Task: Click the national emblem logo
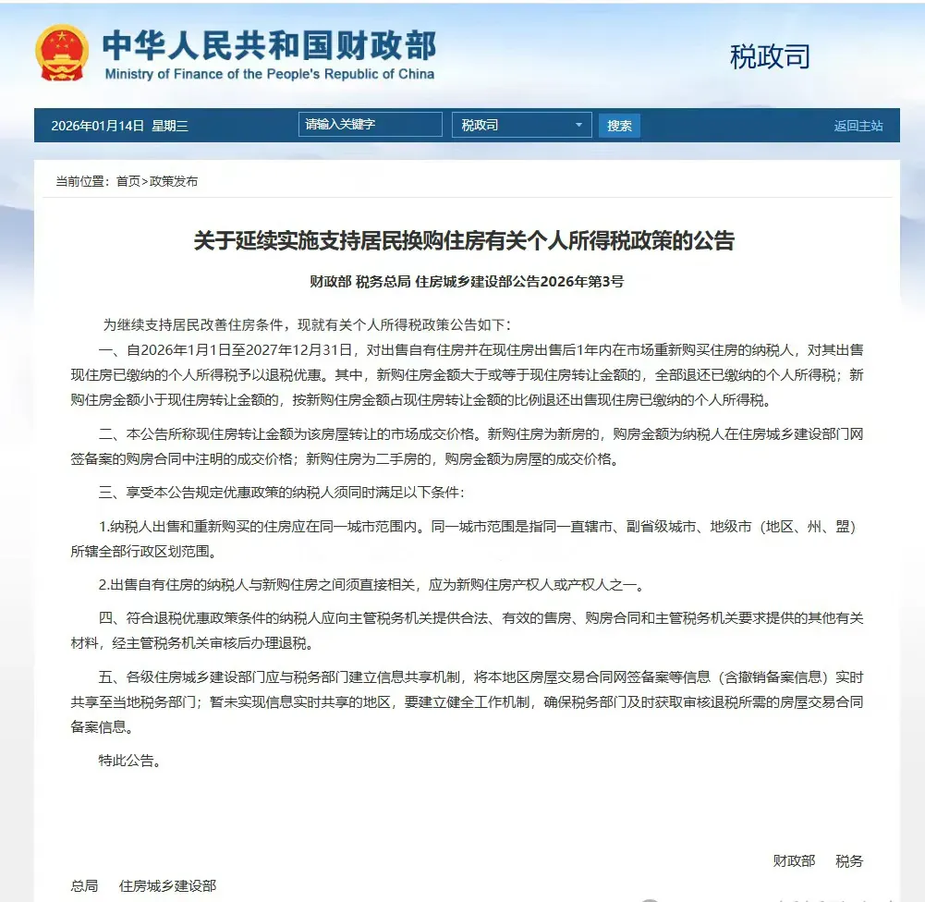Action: click(61, 53)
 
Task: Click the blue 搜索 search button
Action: click(619, 126)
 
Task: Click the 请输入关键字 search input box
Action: click(370, 125)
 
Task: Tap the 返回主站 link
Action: click(858, 126)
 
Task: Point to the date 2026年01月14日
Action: click(98, 126)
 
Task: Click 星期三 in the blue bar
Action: click(170, 126)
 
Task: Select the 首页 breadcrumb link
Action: click(128, 181)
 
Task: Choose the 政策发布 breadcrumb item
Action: click(174, 181)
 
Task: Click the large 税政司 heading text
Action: click(770, 57)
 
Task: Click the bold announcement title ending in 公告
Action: click(463, 242)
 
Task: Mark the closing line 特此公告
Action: click(130, 762)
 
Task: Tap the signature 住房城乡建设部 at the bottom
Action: click(168, 885)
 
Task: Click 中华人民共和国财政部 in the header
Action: click(269, 44)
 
